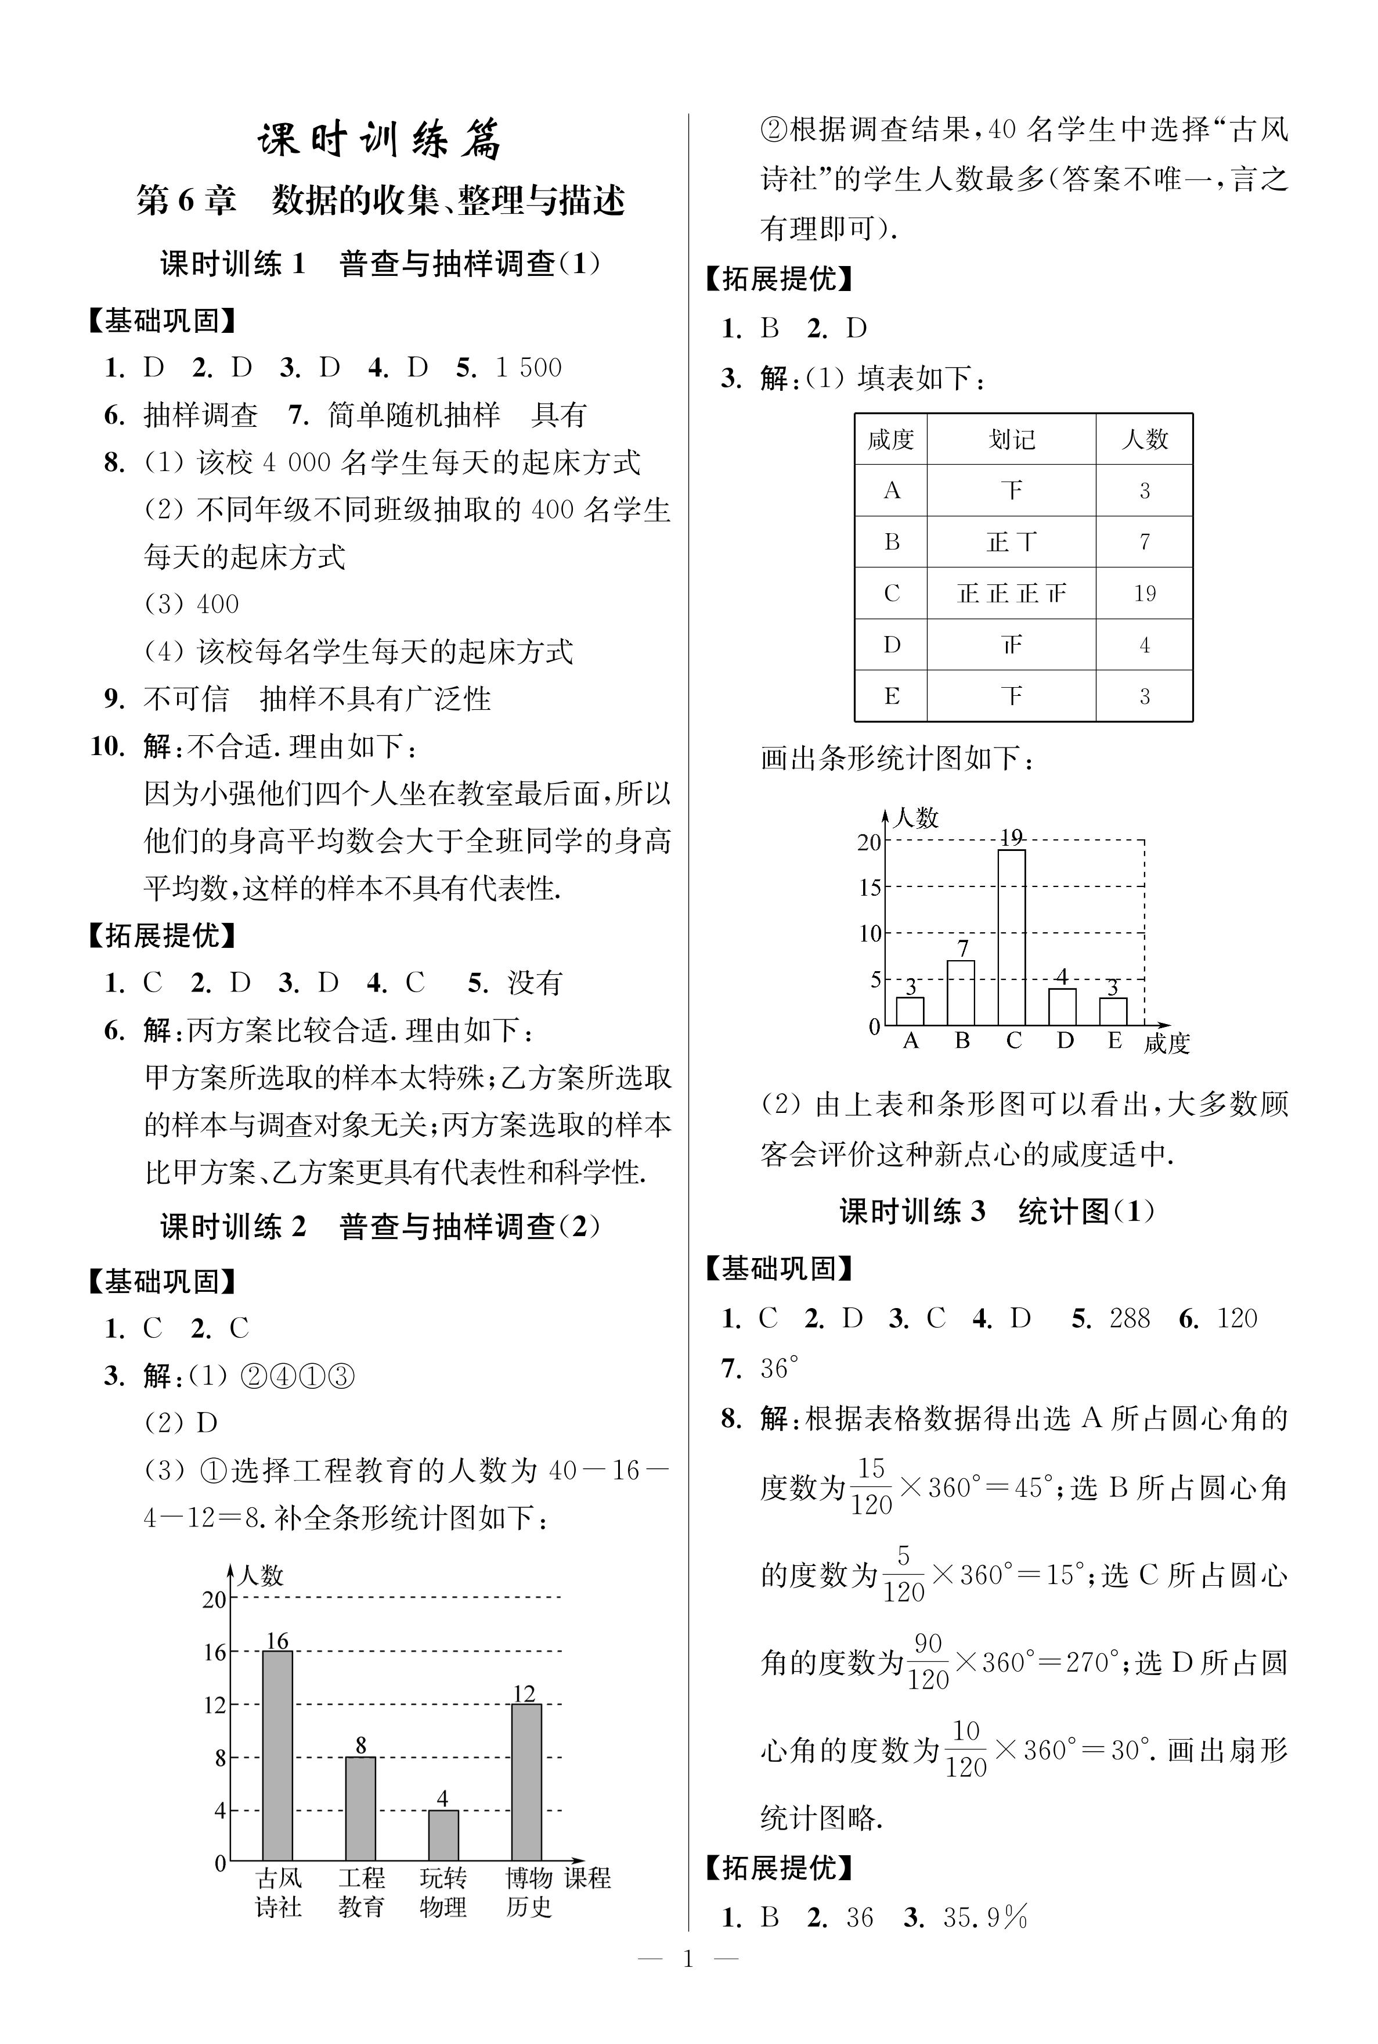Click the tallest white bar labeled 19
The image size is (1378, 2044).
coord(1012,937)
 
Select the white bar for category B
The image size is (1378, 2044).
coord(961,993)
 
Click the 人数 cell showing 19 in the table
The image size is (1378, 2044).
coord(1144,594)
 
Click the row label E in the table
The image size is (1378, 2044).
coord(891,696)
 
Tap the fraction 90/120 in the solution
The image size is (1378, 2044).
coord(928,1662)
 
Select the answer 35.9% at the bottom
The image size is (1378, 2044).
coord(985,1917)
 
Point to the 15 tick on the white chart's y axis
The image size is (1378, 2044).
coord(870,888)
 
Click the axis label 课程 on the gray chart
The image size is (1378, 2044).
coord(587,1878)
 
